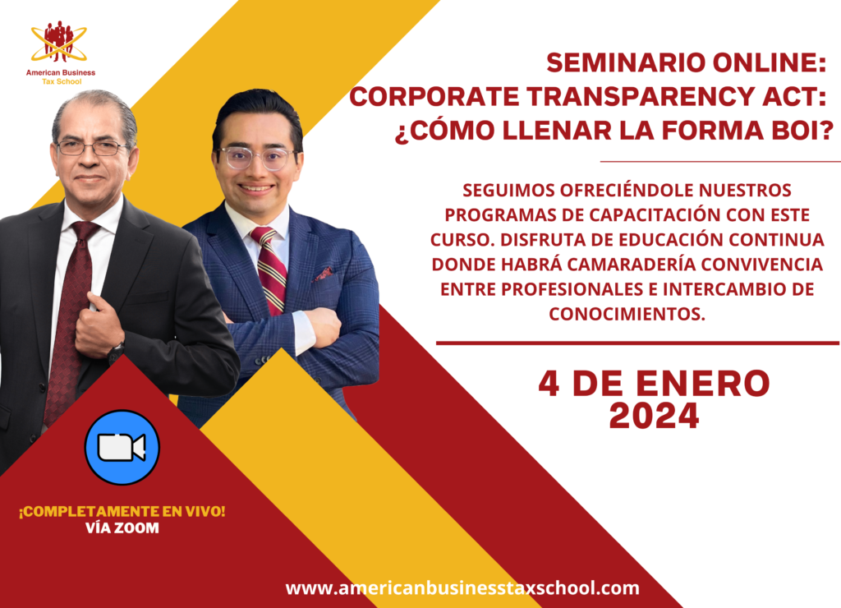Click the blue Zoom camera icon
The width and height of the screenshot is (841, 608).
coord(122,447)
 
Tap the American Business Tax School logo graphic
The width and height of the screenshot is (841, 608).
coord(59,42)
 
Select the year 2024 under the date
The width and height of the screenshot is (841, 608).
coord(654,416)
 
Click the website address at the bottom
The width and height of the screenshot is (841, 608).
coord(462,587)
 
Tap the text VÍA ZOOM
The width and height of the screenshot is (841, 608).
coord(122,528)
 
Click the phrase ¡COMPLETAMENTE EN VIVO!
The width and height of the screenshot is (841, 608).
coord(122,511)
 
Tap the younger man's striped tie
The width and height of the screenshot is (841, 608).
coord(269,269)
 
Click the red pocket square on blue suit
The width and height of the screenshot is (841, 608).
coord(324,274)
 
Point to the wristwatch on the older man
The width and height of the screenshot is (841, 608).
coord(116,352)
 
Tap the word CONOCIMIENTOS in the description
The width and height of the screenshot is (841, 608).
coord(627,314)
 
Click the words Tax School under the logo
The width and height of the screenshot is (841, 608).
coord(62,81)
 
